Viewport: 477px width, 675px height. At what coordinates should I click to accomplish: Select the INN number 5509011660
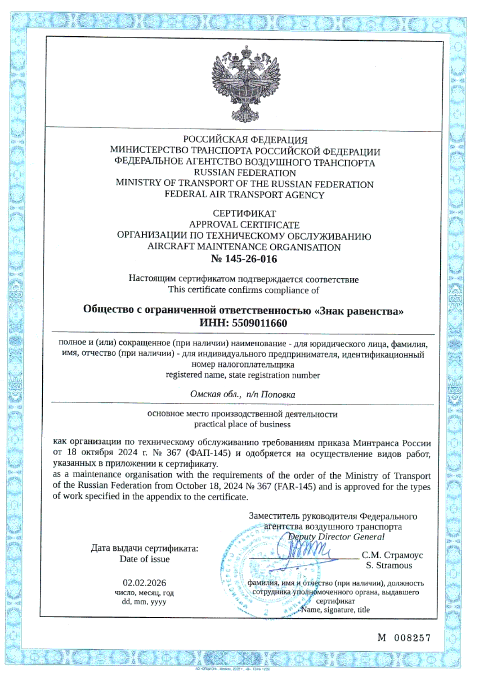pyautogui.click(x=259, y=323)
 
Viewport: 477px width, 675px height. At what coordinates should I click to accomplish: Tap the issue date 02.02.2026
pyautogui.click(x=144, y=583)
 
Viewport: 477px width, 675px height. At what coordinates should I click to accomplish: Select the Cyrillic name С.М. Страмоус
pyautogui.click(x=392, y=555)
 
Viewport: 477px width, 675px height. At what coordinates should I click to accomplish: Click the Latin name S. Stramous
pyautogui.click(x=389, y=565)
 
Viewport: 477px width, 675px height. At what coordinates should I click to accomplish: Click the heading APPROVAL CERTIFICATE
pyautogui.click(x=244, y=225)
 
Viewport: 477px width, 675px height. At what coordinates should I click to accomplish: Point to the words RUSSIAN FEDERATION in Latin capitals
pyautogui.click(x=245, y=173)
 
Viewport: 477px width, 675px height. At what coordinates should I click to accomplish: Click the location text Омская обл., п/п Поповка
pyautogui.click(x=242, y=394)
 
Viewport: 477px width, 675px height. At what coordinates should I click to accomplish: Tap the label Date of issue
pyautogui.click(x=144, y=559)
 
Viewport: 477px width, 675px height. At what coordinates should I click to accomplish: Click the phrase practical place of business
pyautogui.click(x=242, y=424)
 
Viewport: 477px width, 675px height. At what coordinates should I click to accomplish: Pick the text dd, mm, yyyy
pyautogui.click(x=144, y=602)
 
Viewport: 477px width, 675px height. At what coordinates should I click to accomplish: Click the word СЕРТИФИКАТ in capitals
pyautogui.click(x=244, y=213)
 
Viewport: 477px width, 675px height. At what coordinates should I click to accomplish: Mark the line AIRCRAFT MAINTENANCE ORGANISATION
pyautogui.click(x=244, y=247)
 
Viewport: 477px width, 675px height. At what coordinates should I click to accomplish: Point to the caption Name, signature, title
pyautogui.click(x=335, y=610)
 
